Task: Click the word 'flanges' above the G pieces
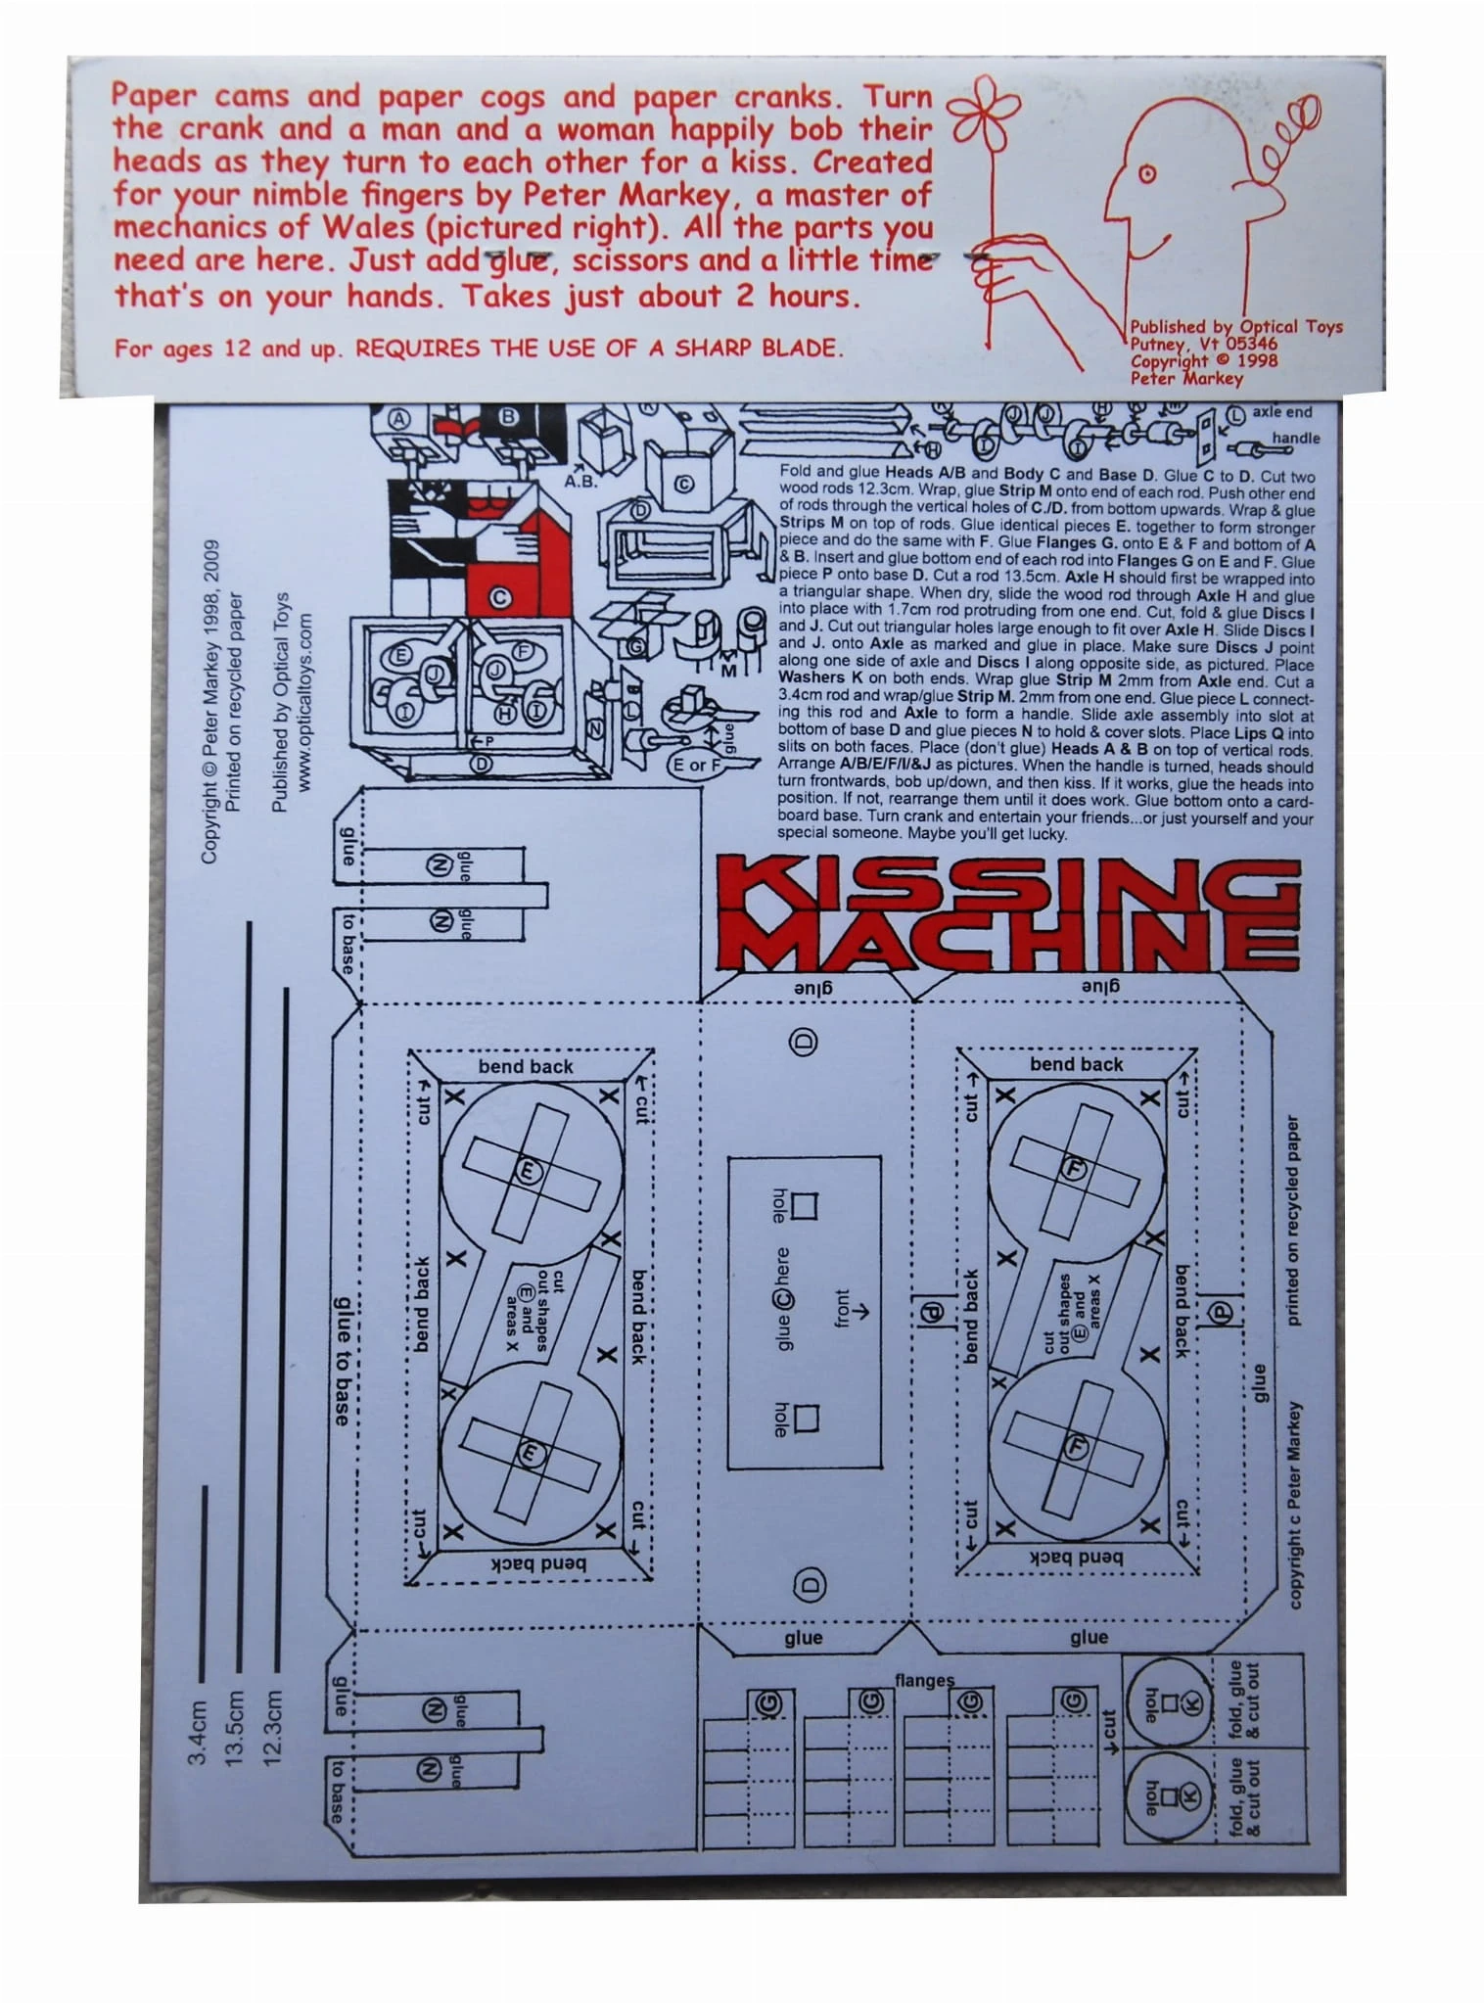point(923,1680)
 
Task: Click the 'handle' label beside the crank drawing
point(1295,438)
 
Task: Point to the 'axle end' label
point(1281,412)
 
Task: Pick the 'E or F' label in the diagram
point(695,764)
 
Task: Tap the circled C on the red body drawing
point(500,598)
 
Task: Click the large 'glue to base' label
point(342,1361)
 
